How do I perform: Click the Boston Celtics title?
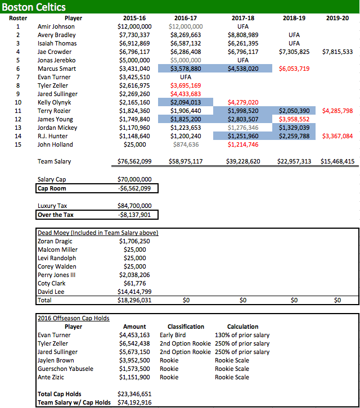point(34,7)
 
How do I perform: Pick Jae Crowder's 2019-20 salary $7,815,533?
point(337,52)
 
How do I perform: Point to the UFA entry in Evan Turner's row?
point(186,77)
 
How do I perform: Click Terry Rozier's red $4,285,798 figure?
point(337,111)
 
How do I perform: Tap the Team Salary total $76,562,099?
point(134,162)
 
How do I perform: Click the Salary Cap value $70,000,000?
point(134,179)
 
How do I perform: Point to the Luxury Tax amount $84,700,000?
point(134,206)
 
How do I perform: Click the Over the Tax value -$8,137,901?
point(134,215)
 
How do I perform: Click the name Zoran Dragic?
point(56,241)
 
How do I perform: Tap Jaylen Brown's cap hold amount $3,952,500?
point(134,360)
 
